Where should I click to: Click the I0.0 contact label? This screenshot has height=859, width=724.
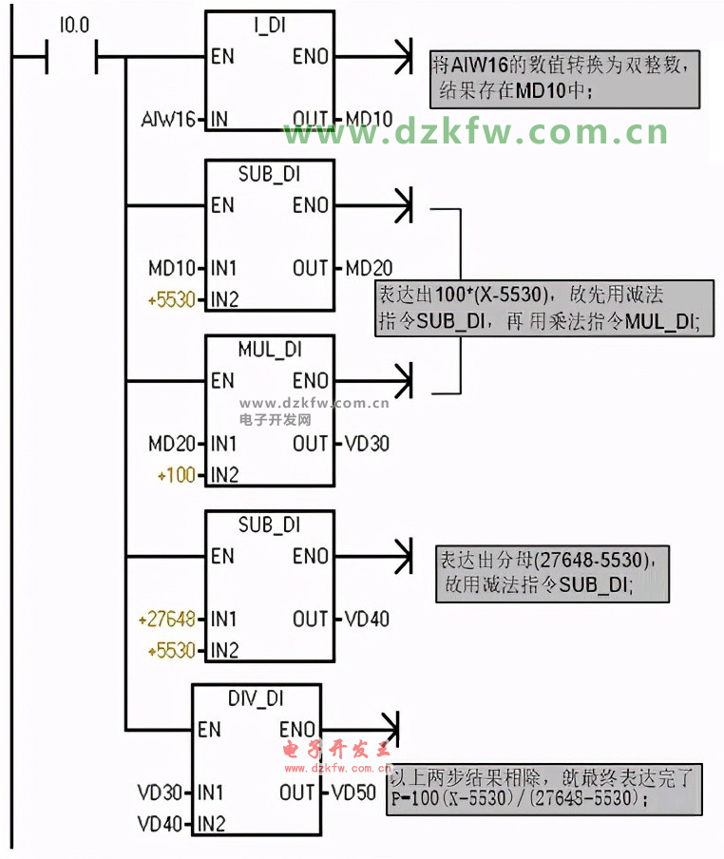[73, 27]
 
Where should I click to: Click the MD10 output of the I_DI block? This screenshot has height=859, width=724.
[369, 120]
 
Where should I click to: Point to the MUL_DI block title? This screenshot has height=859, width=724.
[270, 350]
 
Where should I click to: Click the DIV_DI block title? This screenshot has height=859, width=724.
[256, 698]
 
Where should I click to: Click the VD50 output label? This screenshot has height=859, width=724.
[352, 792]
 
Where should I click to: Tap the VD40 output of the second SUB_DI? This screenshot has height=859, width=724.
[366, 620]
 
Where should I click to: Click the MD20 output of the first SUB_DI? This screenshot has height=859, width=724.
[369, 268]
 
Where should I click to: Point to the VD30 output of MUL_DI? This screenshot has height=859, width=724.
[366, 444]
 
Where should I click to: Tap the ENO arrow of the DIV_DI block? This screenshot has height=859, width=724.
[388, 730]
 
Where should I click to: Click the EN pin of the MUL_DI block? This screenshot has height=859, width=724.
[222, 381]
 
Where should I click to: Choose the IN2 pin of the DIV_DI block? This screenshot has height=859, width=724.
[211, 823]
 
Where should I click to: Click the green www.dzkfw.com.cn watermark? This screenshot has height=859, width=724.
[476, 132]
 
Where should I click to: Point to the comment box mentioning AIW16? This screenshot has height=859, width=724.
[565, 79]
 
